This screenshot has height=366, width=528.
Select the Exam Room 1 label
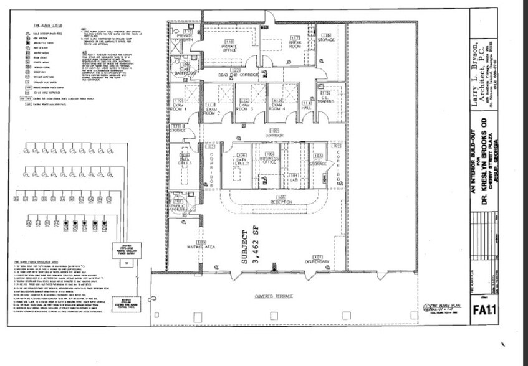pos(178,106)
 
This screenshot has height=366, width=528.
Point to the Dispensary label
pos(317,261)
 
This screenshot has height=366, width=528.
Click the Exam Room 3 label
pos(244,106)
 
